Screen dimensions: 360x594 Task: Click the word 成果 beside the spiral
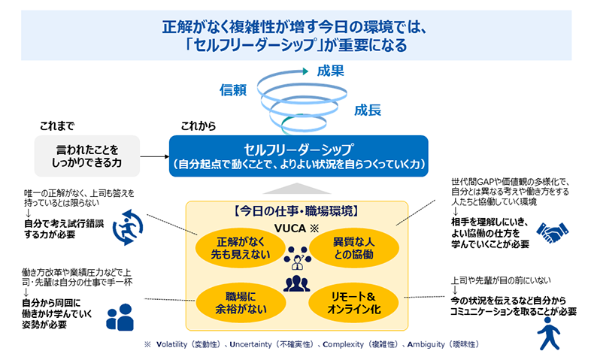click(331, 71)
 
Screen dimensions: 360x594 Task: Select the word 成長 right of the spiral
click(368, 110)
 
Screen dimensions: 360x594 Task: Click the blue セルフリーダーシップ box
click(299, 156)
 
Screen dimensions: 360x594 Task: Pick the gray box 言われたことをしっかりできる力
click(87, 156)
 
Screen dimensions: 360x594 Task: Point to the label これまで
click(56, 126)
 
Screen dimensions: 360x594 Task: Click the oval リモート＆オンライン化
click(353, 301)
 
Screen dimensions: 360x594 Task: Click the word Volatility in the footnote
click(174, 345)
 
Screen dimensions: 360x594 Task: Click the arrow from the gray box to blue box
click(153, 156)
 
